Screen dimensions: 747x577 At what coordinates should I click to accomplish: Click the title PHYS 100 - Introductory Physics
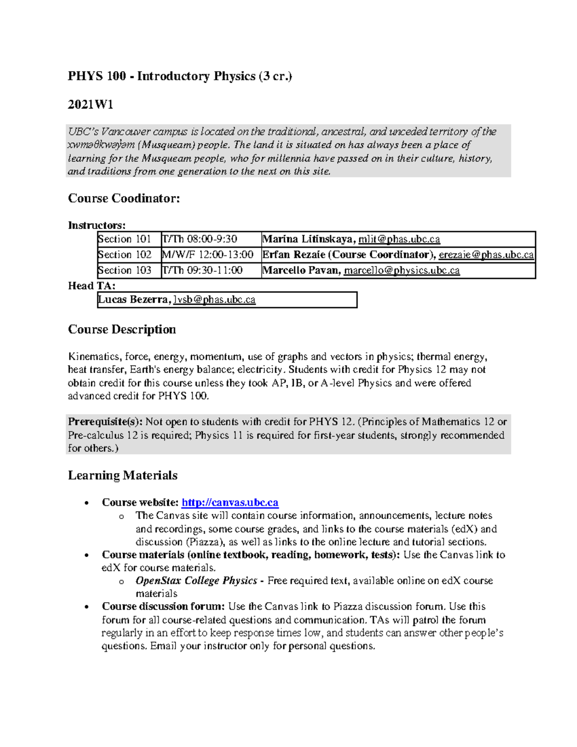pos(179,76)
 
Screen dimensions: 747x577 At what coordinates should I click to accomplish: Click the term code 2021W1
pos(90,104)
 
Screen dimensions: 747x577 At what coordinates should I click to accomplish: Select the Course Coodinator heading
pos(124,198)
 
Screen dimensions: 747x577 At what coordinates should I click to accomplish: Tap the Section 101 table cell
pos(125,239)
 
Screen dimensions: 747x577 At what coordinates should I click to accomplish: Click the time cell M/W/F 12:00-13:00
pos(208,254)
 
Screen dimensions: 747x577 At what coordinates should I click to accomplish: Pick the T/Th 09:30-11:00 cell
pos(202,270)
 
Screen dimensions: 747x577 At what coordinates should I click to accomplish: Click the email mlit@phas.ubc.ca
pos(399,239)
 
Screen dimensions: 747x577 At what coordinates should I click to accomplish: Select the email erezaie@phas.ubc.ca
pos(486,254)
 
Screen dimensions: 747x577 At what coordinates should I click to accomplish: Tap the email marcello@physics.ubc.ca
pos(401,270)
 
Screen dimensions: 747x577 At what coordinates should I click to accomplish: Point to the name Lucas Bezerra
pos(133,300)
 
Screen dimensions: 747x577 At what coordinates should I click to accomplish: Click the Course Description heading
pos(122,329)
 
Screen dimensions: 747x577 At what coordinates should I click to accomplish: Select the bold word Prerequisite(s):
pos(105,422)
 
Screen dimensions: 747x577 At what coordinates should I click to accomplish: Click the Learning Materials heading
pos(123,475)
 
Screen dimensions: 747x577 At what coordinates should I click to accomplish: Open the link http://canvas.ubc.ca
pos(230,503)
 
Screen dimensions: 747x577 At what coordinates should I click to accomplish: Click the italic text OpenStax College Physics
pos(196,581)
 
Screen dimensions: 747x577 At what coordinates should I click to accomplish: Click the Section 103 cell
pos(125,270)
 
